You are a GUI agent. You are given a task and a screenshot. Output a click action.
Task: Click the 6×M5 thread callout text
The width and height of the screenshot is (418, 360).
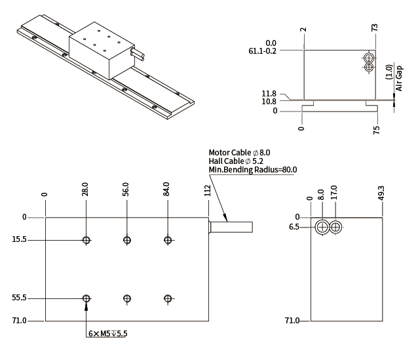point(108,333)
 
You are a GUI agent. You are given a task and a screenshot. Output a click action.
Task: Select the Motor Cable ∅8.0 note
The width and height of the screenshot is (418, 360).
point(238,152)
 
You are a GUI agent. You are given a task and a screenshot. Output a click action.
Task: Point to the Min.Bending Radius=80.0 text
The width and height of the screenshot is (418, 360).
point(252,170)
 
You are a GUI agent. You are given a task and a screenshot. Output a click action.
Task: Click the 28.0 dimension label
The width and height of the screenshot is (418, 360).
point(85,190)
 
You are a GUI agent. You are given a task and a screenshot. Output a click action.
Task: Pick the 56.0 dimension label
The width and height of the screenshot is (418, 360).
point(126,190)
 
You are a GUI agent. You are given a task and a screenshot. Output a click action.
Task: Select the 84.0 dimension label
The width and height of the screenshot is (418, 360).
point(166,190)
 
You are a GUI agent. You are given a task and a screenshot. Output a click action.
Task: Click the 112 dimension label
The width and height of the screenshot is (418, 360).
point(208,190)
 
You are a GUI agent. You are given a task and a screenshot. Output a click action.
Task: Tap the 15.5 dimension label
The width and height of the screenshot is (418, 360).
point(19,240)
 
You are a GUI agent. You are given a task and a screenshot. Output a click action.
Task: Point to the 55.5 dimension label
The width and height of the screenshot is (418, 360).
point(19,298)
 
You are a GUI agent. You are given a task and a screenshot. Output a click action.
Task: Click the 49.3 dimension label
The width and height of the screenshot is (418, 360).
point(381,191)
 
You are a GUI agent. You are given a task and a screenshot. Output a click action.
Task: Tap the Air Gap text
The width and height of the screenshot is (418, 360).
point(400,77)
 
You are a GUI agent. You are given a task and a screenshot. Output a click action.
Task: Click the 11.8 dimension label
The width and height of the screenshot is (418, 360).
point(269,94)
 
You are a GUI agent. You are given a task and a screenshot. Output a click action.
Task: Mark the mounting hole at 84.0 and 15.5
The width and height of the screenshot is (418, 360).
point(168,240)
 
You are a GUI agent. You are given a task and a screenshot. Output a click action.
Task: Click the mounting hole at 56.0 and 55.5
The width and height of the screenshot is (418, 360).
point(126,298)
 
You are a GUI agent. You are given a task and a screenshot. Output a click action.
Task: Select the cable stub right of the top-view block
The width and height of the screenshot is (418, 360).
point(231,227)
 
